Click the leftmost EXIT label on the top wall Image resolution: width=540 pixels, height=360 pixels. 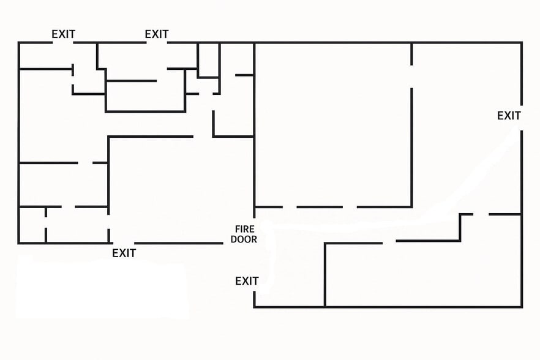(63, 34)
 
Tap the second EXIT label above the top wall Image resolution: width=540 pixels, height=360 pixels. (156, 34)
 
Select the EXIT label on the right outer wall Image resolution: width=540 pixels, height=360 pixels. (509, 116)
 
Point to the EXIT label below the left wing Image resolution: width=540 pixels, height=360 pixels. (124, 253)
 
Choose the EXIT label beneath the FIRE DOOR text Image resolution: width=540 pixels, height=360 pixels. (247, 281)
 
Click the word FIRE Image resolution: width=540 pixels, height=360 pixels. (244, 229)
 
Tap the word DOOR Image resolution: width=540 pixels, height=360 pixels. (244, 239)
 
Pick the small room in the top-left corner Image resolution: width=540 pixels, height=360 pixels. (46, 56)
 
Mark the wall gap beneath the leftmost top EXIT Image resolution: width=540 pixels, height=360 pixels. (63, 43)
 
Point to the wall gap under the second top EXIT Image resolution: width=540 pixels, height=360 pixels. (157, 43)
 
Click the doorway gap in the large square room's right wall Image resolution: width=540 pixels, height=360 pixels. (411, 76)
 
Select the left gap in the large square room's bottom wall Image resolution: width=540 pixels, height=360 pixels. (290, 207)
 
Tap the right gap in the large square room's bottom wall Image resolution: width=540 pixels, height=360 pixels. (350, 207)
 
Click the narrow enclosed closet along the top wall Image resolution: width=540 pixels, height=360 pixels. (208, 59)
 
